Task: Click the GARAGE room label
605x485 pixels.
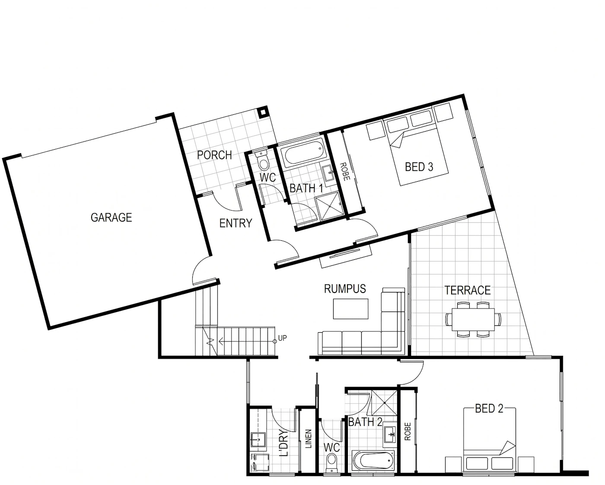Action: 111,217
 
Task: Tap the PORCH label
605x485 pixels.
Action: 214,155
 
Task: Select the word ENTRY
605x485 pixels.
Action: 236,224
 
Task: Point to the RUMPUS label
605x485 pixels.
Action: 345,289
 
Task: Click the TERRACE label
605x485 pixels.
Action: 468,290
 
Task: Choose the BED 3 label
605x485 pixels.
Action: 419,167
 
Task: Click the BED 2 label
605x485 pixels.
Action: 489,409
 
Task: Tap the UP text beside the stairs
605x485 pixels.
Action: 282,338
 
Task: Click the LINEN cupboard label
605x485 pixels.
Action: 309,439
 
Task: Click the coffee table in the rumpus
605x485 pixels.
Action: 350,309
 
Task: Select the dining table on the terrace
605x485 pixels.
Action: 473,319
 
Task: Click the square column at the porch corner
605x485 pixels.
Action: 263,112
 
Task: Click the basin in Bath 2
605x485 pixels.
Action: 390,435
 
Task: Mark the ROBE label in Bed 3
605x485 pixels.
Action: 345,172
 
